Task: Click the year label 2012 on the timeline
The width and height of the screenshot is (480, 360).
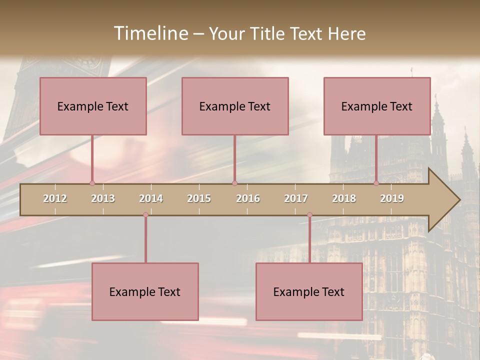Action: click(x=55, y=198)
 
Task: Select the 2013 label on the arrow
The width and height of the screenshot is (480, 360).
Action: click(x=103, y=198)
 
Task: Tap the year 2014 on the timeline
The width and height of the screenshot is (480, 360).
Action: click(x=151, y=198)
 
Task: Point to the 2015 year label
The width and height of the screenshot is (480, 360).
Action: click(x=199, y=198)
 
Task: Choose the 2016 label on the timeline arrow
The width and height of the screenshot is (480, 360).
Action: click(x=248, y=198)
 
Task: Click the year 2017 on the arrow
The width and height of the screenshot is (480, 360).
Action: click(x=296, y=198)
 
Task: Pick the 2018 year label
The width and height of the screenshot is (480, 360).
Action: click(x=344, y=198)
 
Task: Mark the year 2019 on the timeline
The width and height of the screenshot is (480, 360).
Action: click(x=392, y=198)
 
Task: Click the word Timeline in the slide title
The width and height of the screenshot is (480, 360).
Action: click(x=150, y=33)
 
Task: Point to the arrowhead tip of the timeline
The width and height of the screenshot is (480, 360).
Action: click(x=459, y=200)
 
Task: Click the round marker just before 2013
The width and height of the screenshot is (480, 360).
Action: click(x=92, y=183)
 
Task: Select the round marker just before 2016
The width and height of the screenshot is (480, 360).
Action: click(x=234, y=183)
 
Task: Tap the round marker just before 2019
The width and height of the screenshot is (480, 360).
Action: click(x=376, y=183)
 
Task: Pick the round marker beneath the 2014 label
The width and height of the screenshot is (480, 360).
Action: click(x=145, y=215)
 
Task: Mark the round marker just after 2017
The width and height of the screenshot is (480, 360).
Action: click(x=309, y=215)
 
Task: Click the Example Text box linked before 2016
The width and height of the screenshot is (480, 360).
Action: click(x=235, y=106)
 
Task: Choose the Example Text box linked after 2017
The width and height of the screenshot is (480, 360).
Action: click(x=309, y=291)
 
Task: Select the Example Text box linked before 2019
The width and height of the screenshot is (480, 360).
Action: click(x=377, y=106)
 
